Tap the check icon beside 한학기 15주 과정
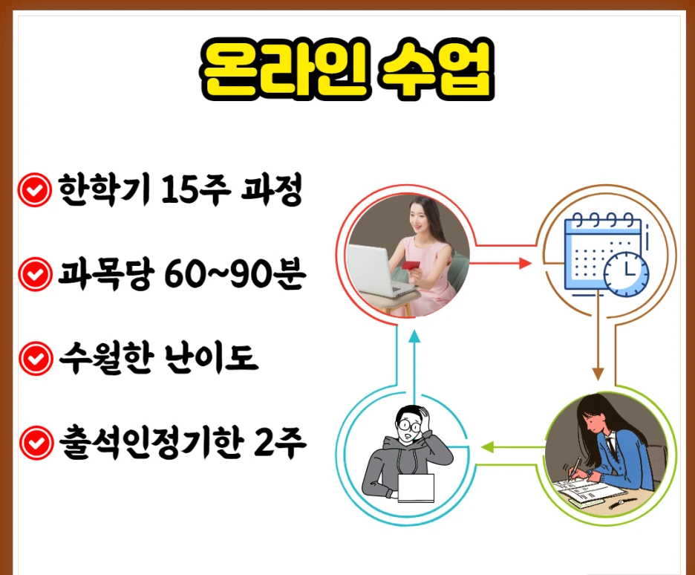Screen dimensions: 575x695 click(x=33, y=192)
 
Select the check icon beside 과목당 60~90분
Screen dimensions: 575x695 click(x=33, y=276)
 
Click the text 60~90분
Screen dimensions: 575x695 click(x=223, y=276)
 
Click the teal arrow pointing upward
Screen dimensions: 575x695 click(x=414, y=338)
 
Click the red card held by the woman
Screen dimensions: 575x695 click(x=411, y=265)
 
